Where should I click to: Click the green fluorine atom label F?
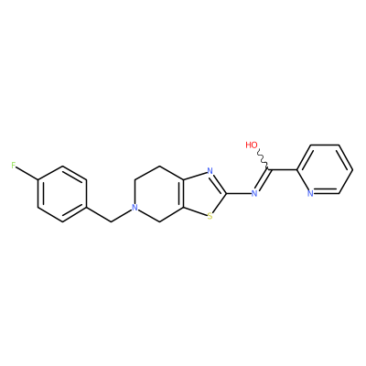point(14,166)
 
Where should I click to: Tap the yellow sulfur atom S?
point(210,216)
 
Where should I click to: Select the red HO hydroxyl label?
point(252,145)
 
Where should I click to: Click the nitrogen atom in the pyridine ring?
point(310,193)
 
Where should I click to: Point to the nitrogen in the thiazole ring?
point(210,171)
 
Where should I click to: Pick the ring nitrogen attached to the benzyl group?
point(135,208)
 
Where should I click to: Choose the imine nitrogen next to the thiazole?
point(253,193)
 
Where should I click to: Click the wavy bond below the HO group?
point(263,160)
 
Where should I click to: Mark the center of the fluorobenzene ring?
point(62,194)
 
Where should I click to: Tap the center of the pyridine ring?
point(325,169)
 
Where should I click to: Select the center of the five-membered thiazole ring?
point(205,193)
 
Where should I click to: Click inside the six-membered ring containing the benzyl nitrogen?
point(159,193)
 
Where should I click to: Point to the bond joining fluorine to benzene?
point(27,173)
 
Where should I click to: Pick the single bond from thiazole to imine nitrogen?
point(238,193)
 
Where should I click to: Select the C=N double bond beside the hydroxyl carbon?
point(262,180)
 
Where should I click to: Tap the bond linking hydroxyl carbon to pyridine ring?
point(283,169)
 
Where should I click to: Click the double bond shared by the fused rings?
point(183,193)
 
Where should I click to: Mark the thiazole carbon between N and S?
point(226,193)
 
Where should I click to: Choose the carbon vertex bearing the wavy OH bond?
point(268,169)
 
